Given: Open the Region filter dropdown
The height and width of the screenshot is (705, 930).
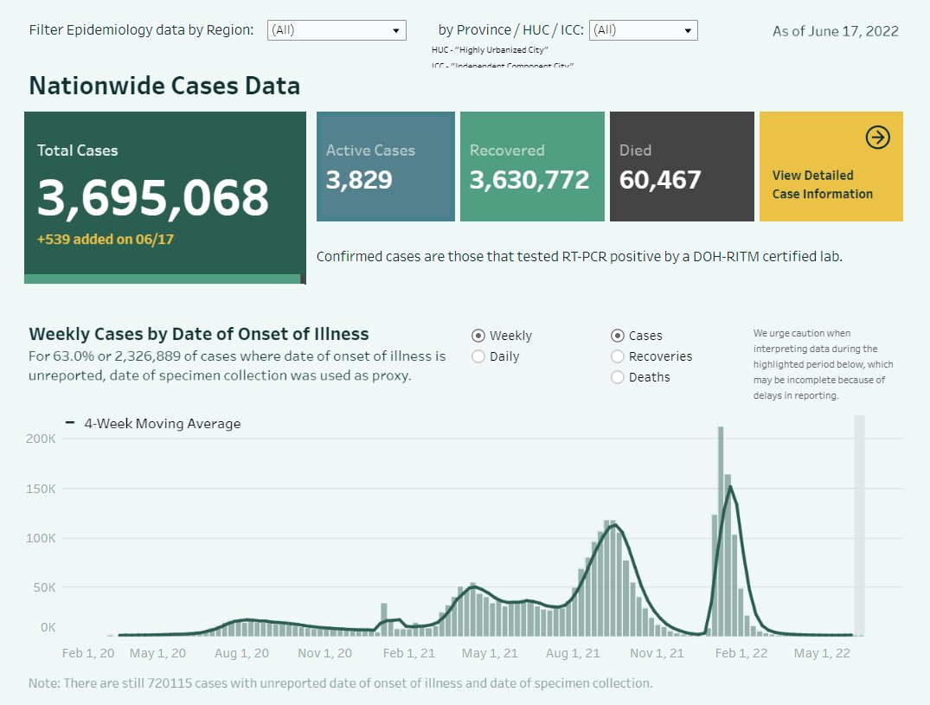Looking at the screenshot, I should point(337,30).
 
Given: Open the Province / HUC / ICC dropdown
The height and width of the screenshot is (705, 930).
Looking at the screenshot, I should point(643,30).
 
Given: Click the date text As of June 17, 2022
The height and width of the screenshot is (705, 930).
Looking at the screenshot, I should point(835,31).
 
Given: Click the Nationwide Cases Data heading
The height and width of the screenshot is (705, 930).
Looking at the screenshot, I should point(164,86).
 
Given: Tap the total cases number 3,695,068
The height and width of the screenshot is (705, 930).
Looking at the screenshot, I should point(153,198).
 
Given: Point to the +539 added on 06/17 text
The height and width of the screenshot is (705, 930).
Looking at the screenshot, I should point(105,239).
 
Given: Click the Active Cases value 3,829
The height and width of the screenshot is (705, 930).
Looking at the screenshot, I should point(359,180).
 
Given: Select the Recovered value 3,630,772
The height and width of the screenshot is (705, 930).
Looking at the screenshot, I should point(529,180).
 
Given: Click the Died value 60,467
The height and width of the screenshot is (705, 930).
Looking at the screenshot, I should point(660,180).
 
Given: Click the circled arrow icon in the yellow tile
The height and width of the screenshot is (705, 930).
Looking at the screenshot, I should point(877,138).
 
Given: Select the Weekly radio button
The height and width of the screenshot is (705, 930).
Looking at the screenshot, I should point(478,336).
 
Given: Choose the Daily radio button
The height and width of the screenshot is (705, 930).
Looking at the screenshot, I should point(478,356).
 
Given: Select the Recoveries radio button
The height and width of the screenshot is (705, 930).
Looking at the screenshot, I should point(618,356).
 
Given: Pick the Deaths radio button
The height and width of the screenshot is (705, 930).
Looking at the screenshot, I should point(618,377).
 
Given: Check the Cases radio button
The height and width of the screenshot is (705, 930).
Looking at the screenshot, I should point(618,336).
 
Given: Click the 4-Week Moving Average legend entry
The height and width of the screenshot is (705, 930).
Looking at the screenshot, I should point(154,424).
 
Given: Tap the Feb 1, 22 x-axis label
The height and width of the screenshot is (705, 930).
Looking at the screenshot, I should point(742,653).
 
